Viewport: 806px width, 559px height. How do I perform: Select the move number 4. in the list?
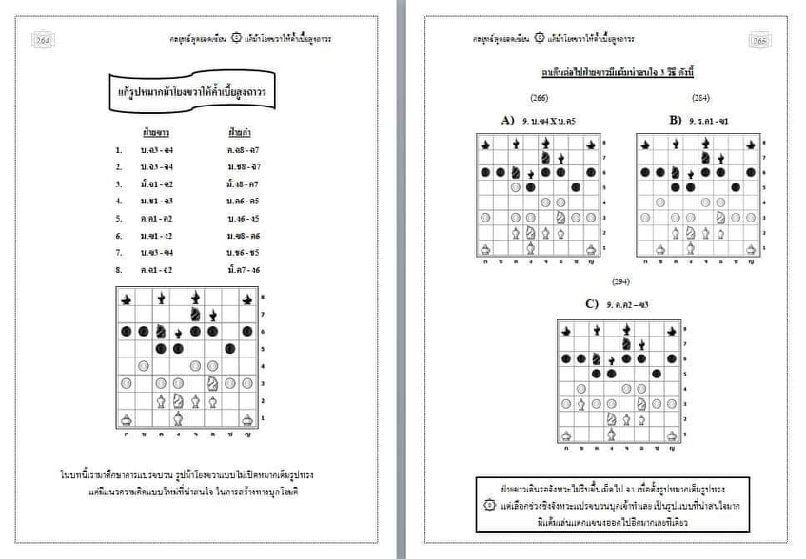pos(119,202)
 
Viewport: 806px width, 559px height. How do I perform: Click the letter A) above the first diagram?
pos(507,120)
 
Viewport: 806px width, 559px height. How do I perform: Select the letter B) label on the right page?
pos(675,120)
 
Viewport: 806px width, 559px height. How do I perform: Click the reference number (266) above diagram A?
pos(539,97)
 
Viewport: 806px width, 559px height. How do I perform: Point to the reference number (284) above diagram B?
pos(699,97)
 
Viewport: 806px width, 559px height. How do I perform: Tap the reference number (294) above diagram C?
pos(620,282)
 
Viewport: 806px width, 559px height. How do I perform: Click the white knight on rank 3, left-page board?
pos(213,383)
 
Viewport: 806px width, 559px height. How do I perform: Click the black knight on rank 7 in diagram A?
pos(546,158)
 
